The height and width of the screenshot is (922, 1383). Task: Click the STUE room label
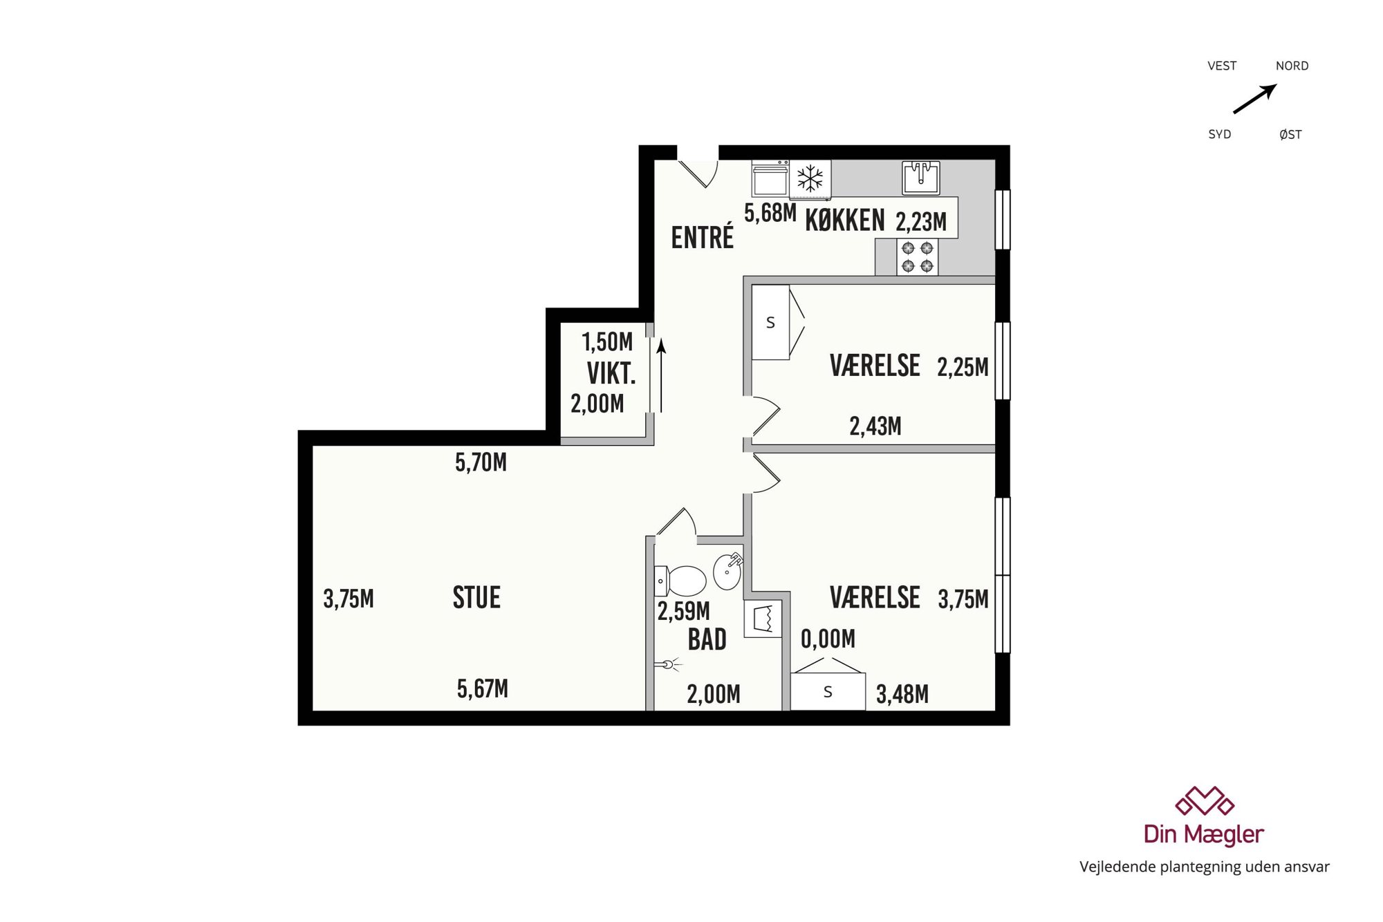pos(476,598)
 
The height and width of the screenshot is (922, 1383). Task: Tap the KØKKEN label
pos(844,220)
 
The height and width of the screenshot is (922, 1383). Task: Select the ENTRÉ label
pos(702,237)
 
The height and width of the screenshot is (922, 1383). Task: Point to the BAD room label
pos(707,639)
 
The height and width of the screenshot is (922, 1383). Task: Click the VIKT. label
pos(611,373)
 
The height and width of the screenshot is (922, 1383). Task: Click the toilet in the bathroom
pos(680,581)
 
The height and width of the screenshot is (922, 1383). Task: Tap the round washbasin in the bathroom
pos(728,571)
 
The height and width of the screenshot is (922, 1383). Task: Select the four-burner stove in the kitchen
pos(918,257)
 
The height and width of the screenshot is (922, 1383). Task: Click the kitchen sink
pos(921,178)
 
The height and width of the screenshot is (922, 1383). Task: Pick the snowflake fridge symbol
pos(810,179)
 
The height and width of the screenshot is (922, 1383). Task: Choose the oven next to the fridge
pos(770,179)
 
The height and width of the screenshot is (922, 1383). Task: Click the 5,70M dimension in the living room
pos(481,462)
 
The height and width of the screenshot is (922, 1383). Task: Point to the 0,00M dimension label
pos(828,639)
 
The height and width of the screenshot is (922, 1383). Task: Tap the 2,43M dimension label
pos(875,426)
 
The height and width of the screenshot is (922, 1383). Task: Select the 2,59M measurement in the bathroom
pos(683,611)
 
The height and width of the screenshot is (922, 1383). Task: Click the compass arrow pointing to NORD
pos(1255,99)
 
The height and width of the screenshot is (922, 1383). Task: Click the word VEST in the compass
pos(1222,66)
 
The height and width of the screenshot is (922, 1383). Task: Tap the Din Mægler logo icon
pos(1205,801)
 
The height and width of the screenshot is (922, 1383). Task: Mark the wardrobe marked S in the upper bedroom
pos(770,322)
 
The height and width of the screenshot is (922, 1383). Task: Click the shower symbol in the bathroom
pos(667,665)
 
